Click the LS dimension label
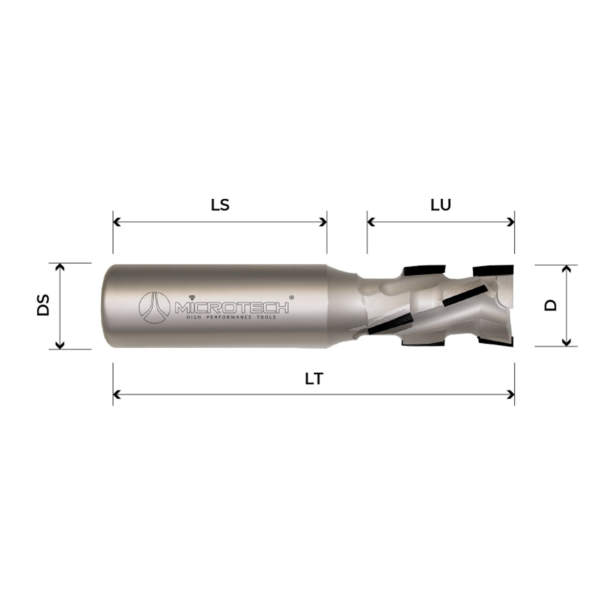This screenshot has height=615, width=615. (x=220, y=205)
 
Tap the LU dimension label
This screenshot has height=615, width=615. (x=441, y=205)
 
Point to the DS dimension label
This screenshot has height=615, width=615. (x=43, y=304)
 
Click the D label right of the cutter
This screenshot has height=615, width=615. (x=551, y=305)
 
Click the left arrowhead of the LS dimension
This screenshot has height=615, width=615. (x=116, y=222)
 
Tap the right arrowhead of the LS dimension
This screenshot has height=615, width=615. (x=323, y=222)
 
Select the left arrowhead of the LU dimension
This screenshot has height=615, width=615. (x=371, y=222)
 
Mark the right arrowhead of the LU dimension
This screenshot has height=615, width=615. (x=511, y=222)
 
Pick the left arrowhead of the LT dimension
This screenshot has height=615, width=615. (x=116, y=395)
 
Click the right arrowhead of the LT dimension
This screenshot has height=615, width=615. (x=511, y=395)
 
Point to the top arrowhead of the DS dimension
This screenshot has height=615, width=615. (x=60, y=267)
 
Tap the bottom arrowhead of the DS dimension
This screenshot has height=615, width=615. (x=60, y=345)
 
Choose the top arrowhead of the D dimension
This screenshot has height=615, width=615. (x=566, y=269)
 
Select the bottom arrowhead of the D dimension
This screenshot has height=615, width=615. (x=566, y=342)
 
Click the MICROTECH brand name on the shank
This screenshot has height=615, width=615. (x=232, y=307)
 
